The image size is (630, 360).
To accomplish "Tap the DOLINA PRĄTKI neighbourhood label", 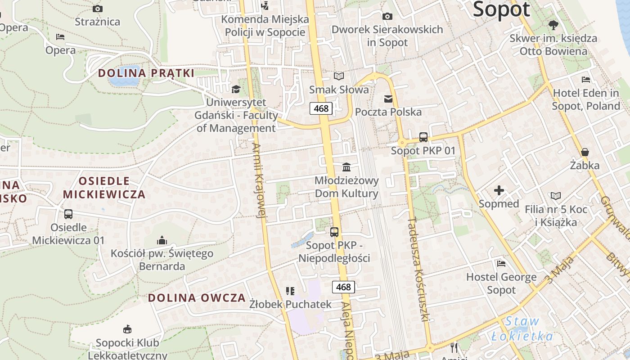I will tap(146, 73).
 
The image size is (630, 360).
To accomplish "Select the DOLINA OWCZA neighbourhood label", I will tap(197, 297).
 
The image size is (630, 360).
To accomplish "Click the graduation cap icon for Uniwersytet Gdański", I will tap(236, 89).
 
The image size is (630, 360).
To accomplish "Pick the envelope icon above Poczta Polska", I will tap(388, 99).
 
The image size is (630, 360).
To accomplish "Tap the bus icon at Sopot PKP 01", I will tap(423, 137).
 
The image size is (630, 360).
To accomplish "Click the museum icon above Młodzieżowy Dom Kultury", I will tap(346, 167).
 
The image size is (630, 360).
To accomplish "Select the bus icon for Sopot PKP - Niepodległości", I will tap(334, 232).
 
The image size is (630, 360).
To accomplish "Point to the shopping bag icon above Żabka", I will tap(585, 152).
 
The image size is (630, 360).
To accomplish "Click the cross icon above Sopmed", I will tap(499, 191).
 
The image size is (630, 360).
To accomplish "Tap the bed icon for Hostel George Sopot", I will tap(501, 263).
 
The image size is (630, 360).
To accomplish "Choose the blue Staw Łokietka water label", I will tap(522, 329).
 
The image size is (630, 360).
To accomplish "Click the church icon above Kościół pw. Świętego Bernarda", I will tap(162, 241).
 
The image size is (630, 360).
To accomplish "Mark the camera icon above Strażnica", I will tap(97, 9).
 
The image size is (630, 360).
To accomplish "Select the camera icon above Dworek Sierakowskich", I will tap(387, 17).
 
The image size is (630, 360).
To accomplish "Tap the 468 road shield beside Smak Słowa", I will tap(321, 108).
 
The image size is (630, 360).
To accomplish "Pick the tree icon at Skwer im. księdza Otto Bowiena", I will tap(553, 25).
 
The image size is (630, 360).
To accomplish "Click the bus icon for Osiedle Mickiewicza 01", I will tap(68, 214).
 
